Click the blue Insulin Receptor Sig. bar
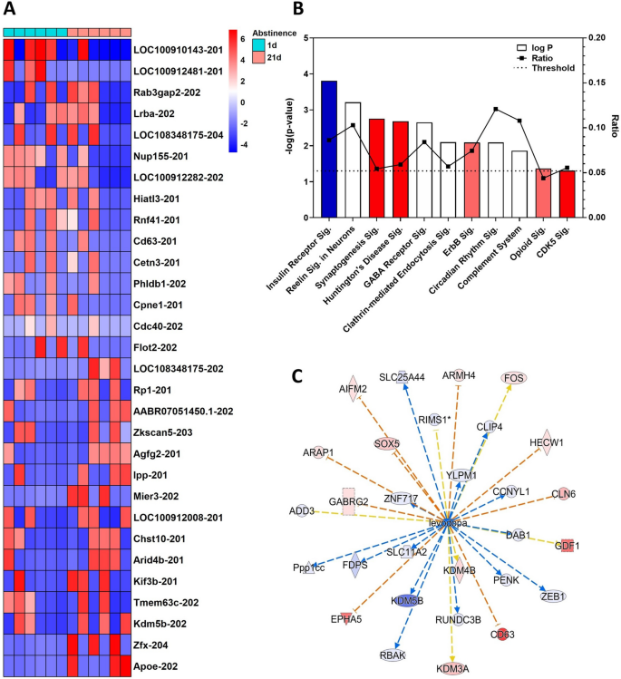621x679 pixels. click(x=329, y=149)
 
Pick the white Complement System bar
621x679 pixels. click(x=519, y=184)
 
